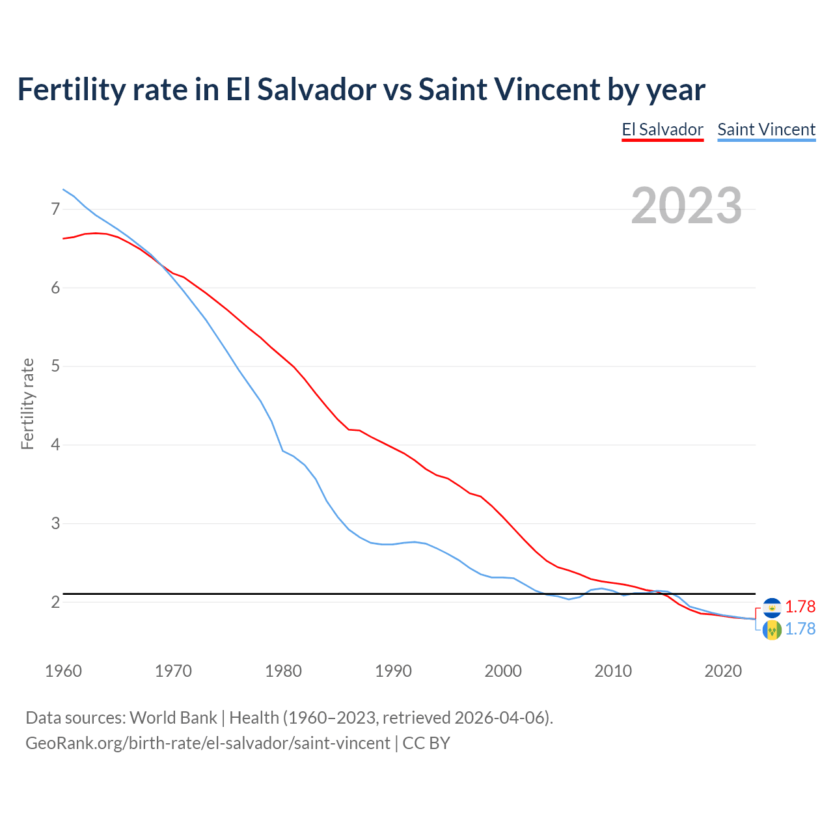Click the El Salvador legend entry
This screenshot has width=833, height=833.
coord(662,130)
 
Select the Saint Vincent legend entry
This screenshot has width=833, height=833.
coord(766,130)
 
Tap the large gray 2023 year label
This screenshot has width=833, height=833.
coord(687,206)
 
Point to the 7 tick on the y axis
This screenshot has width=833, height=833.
coord(55,209)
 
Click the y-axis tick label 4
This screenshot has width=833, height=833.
coord(55,445)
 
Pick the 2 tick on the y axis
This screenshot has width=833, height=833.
coord(55,602)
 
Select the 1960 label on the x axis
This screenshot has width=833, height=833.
coord(63,671)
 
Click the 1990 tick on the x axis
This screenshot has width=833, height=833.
coord(393,671)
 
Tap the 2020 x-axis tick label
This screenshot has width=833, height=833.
coord(723,671)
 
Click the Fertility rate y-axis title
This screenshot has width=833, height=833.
coord(27,403)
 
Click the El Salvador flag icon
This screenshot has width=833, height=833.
coord(772,607)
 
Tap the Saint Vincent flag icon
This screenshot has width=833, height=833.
coord(772,630)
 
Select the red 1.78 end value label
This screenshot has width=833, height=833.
coord(800,607)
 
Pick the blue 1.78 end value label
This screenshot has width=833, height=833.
coord(800,629)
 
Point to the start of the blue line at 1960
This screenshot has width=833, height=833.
coord(64,189)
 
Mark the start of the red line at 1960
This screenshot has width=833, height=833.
coord(64,239)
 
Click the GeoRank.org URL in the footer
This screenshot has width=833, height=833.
coord(208,743)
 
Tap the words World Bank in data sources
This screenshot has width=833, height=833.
coord(173,718)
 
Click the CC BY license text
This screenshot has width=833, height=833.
coord(426,743)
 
